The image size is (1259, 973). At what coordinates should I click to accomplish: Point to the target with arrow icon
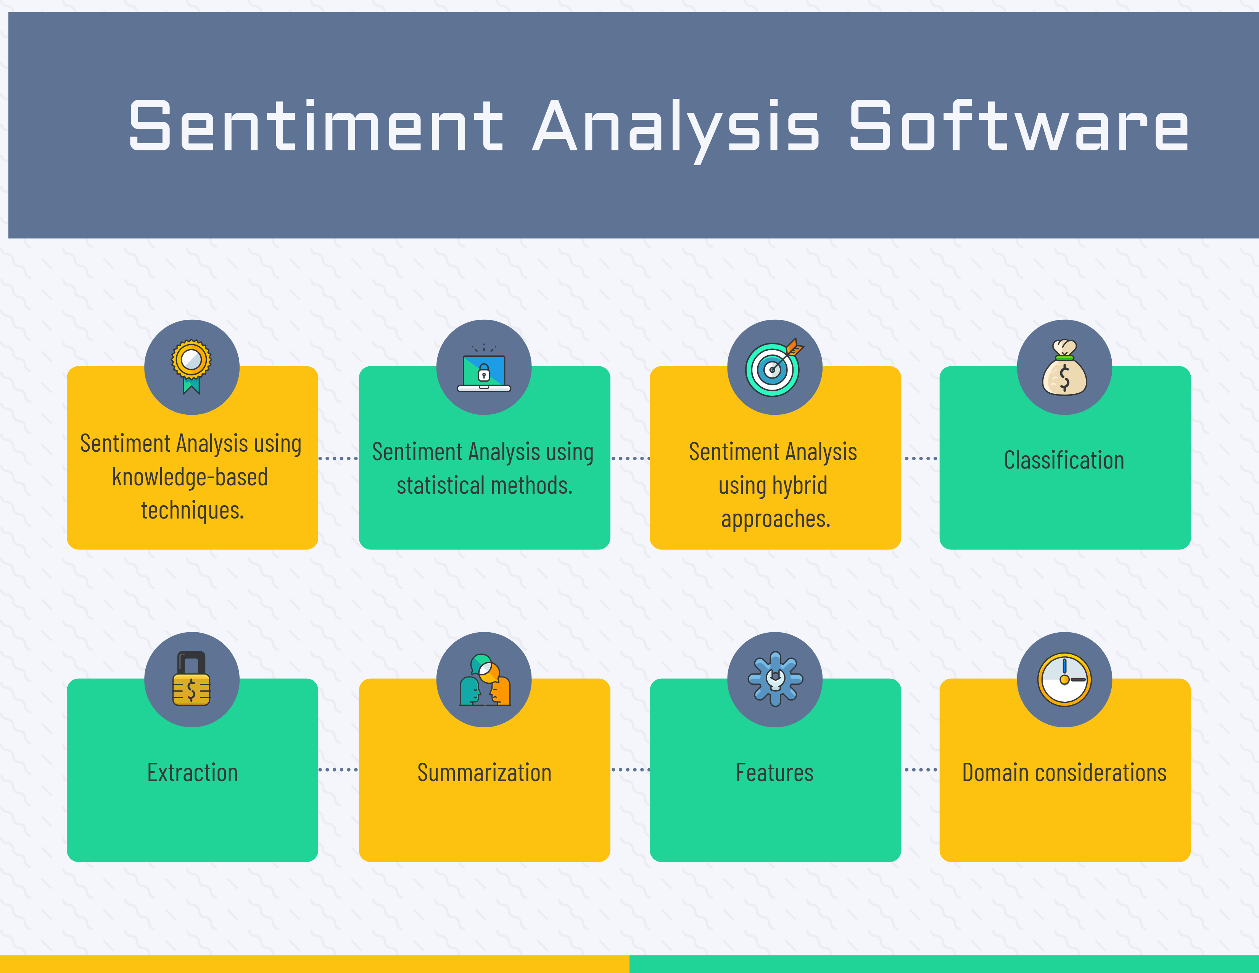[x=774, y=368]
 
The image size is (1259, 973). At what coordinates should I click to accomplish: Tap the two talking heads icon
[x=484, y=680]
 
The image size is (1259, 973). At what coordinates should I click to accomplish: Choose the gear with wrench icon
[x=775, y=679]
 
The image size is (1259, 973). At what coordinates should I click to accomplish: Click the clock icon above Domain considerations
[x=1064, y=680]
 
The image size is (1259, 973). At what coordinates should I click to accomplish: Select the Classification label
[x=1064, y=460]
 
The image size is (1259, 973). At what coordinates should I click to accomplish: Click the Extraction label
[x=193, y=772]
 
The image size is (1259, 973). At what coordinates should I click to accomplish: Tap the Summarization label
[x=484, y=772]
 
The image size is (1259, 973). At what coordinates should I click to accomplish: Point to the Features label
[x=775, y=772]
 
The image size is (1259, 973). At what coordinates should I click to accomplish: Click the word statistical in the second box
[x=441, y=485]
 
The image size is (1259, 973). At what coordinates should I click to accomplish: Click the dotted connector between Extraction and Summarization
[x=338, y=770]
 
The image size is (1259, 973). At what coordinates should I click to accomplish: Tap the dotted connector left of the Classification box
[x=921, y=458]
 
